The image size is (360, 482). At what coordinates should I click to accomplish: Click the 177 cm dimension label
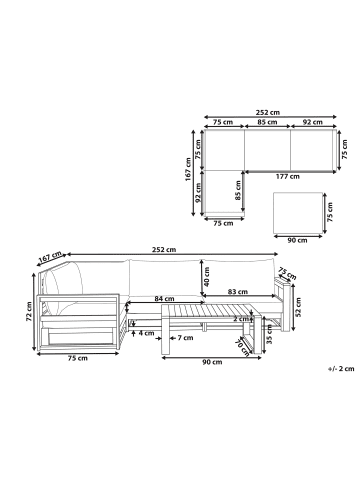(x=287, y=177)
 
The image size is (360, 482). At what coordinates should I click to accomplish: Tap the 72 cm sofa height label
(x=29, y=311)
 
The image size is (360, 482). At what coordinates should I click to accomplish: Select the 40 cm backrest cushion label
(x=206, y=276)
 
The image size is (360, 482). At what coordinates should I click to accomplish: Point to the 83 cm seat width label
(x=238, y=292)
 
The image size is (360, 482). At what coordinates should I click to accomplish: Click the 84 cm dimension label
(x=165, y=299)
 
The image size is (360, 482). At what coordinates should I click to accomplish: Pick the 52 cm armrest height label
(x=298, y=307)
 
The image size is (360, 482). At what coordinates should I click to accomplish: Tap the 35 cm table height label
(x=270, y=334)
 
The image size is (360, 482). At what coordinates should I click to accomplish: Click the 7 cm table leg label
(x=185, y=338)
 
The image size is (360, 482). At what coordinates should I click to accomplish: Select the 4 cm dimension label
(x=146, y=333)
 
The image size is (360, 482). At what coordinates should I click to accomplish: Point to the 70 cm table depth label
(x=242, y=347)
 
